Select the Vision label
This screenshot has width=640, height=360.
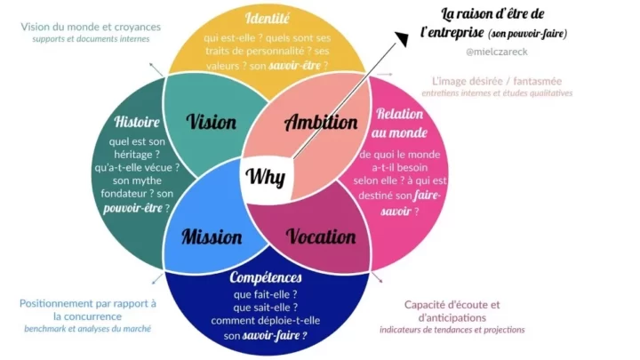(214, 122)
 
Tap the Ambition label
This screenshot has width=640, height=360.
(321, 124)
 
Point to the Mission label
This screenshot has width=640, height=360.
(212, 236)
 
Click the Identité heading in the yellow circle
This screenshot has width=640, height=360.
(267, 18)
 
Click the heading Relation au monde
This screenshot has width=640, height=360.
(399, 124)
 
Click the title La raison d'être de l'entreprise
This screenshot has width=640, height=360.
(493, 23)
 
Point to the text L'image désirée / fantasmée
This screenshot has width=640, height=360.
(501, 80)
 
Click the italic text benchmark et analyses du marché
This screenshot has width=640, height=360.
(87, 329)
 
